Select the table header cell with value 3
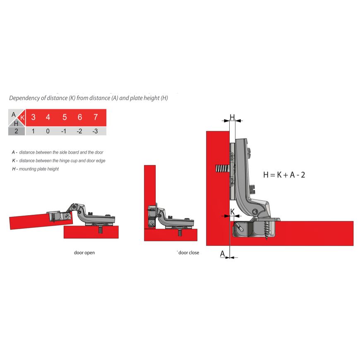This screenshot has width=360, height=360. pyautogui.click(x=33, y=117)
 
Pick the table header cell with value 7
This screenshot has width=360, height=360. pyautogui.click(x=96, y=117)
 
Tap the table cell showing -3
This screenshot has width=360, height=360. pyautogui.click(x=95, y=131)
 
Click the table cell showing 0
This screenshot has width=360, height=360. pyautogui.click(x=48, y=131)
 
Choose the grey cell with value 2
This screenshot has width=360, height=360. pyautogui.click(x=16, y=131)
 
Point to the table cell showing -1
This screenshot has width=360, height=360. pyautogui.click(x=64, y=131)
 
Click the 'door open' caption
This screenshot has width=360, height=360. pyautogui.click(x=84, y=252)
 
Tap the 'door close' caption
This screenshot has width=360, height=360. pyautogui.click(x=188, y=252)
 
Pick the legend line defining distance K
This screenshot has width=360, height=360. pyautogui.click(x=58, y=160)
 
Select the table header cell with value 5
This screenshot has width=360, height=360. pyautogui.click(x=64, y=117)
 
